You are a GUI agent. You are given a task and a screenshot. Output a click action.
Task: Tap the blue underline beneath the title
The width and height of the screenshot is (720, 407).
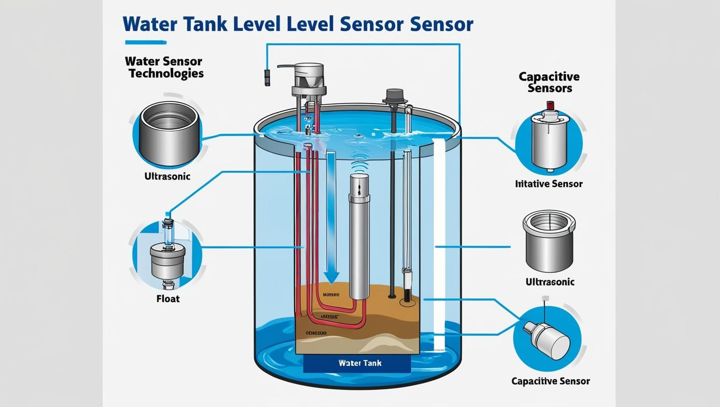click(146, 43)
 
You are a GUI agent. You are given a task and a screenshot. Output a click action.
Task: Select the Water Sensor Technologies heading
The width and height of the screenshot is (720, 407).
click(164, 68)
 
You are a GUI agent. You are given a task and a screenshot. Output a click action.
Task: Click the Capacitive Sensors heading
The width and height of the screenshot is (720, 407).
click(549, 82)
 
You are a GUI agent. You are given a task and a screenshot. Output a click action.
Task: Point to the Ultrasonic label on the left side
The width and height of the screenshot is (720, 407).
click(167, 177)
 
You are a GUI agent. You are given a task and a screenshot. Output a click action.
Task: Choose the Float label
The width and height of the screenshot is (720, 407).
click(168, 298)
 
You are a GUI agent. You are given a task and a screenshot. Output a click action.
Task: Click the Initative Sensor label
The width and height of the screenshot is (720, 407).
click(549, 184)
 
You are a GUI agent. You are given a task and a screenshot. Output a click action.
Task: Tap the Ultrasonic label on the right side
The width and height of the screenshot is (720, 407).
click(550, 282)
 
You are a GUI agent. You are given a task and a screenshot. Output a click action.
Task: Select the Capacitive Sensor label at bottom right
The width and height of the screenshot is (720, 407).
click(550, 381)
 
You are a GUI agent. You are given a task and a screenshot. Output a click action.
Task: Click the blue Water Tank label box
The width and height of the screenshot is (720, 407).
click(357, 363)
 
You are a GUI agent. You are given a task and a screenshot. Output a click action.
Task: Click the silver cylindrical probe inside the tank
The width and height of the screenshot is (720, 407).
click(360, 240)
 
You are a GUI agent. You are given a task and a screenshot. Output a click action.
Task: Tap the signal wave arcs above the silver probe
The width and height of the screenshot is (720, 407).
click(360, 164)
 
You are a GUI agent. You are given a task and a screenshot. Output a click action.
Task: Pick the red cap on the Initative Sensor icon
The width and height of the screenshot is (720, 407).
click(550, 105)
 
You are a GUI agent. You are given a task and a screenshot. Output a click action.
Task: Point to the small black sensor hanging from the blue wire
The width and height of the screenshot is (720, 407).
click(267, 78)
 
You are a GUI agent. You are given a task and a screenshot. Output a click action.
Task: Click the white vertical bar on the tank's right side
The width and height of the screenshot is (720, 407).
click(439, 245)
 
